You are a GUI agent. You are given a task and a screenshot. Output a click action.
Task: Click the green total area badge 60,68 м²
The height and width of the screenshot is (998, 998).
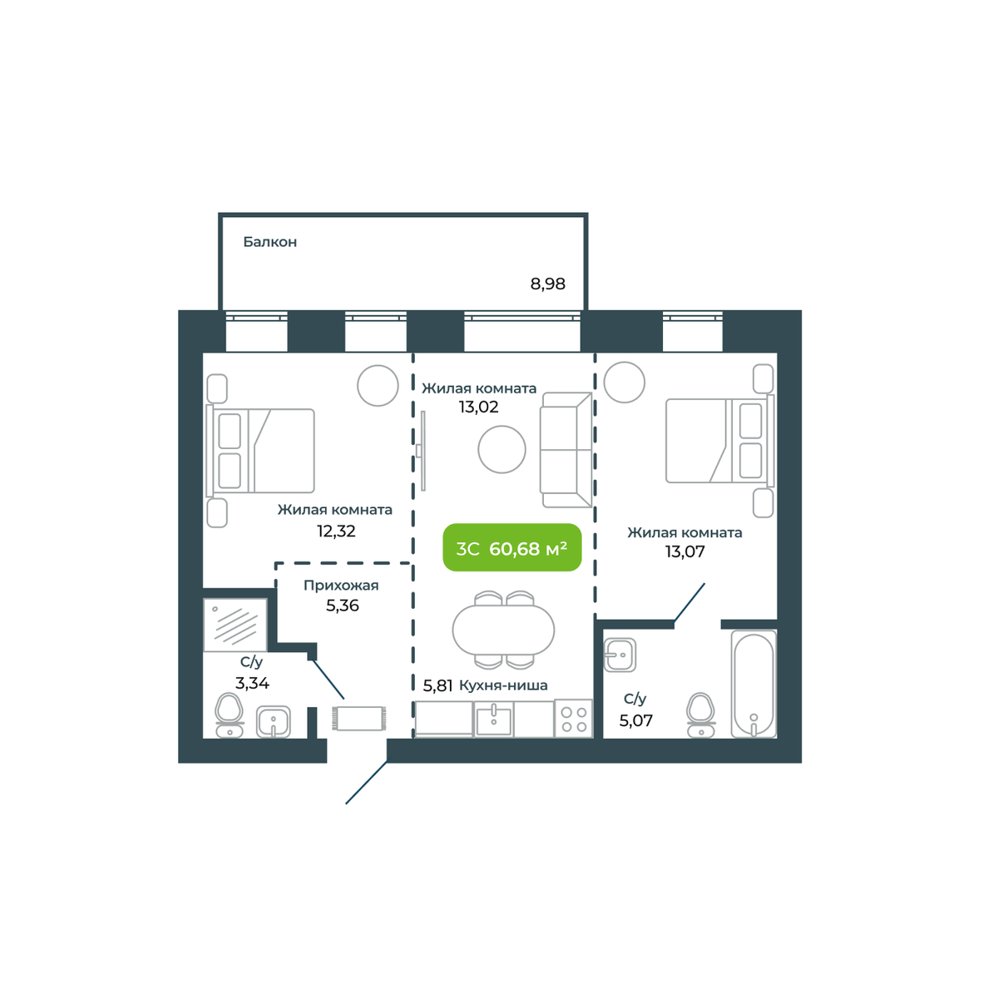(511, 548)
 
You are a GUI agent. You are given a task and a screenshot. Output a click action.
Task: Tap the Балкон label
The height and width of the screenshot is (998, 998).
(269, 242)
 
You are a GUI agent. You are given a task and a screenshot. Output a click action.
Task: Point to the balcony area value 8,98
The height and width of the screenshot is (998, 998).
(547, 284)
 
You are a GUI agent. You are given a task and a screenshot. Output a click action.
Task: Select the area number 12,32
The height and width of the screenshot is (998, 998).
(336, 531)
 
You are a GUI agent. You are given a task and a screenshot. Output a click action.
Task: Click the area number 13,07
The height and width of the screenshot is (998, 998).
(684, 551)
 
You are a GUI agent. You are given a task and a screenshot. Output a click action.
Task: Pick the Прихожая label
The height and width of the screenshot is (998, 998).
(341, 585)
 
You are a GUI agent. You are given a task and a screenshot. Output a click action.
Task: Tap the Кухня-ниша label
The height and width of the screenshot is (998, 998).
(503, 685)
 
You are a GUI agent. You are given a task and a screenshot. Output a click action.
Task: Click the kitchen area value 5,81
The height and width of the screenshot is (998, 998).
(437, 686)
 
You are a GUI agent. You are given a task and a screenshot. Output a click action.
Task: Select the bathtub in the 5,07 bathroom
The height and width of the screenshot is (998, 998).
(753, 684)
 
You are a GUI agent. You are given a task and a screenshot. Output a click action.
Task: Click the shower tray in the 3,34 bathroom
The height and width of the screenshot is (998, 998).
(235, 625)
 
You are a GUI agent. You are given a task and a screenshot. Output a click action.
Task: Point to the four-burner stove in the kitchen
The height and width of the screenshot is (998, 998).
(573, 719)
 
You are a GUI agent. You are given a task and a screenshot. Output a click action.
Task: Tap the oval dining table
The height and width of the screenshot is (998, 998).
(503, 630)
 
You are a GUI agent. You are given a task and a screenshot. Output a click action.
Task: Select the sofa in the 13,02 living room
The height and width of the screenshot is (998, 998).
(566, 450)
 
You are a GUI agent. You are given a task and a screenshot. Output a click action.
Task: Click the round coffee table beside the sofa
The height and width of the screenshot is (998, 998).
(501, 450)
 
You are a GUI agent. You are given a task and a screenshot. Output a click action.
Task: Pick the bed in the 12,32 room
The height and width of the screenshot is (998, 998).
(260, 451)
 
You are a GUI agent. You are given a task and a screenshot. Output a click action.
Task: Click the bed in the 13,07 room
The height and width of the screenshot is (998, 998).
(720, 441)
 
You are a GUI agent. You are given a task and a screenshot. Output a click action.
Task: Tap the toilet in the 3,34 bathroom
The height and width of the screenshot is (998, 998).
(229, 714)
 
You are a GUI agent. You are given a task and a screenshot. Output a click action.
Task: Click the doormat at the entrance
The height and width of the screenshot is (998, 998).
(359, 719)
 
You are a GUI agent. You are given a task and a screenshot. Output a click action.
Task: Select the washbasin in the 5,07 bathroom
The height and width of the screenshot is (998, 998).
(620, 655)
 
